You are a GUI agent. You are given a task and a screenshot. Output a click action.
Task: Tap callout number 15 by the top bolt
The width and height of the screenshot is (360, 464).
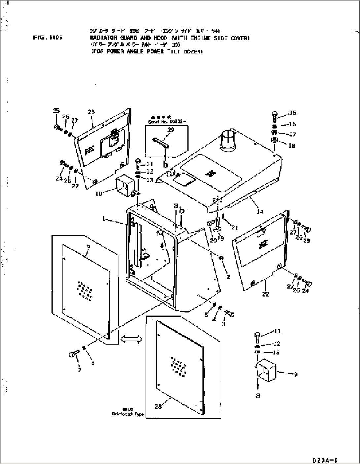pos(293,113)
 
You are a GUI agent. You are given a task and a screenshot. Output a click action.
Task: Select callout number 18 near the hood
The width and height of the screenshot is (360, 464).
pos(292,146)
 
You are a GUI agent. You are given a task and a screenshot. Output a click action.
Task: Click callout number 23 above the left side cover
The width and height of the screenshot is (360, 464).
pos(91,112)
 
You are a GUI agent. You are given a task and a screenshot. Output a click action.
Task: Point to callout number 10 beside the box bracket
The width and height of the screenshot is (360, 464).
pos(99,194)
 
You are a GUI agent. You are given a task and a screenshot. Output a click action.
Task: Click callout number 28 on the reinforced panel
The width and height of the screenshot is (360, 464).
pos(158,407)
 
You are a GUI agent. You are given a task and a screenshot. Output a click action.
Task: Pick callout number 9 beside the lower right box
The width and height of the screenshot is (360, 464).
pos(295,374)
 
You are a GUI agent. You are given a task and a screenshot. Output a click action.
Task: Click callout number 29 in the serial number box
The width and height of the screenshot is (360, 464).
pos(170,130)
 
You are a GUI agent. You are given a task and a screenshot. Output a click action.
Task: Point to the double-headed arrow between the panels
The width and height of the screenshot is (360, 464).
pos(131,339)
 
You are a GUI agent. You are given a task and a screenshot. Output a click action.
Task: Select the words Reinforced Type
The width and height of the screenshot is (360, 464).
pos(127,414)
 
